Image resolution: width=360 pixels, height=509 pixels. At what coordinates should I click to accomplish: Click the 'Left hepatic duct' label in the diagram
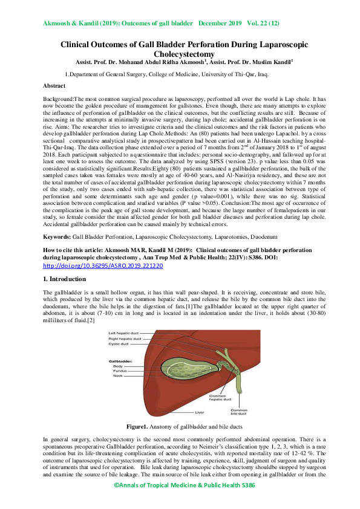point(120,333)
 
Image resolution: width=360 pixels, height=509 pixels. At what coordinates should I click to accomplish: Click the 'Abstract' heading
point(57,86)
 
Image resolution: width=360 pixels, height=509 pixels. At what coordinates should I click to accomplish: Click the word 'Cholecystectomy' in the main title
point(180,53)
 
